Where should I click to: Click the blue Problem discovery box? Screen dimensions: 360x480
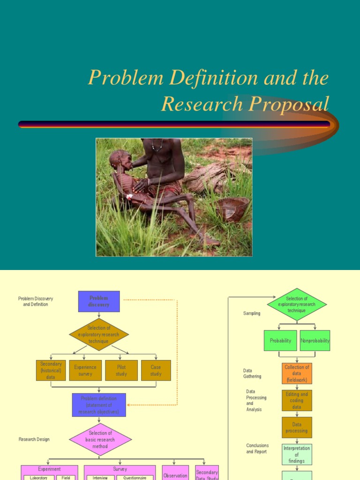coord(99,301)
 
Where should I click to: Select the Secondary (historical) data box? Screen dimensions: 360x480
coord(51,370)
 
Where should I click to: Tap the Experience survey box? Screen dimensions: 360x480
coord(85,370)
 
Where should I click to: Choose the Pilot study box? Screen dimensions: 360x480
coord(121,370)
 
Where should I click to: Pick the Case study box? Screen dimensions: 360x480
coord(156,370)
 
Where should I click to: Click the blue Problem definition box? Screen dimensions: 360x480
coord(99,405)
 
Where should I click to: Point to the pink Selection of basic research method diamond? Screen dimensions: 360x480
coord(100,440)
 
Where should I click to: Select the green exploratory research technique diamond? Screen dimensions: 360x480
coord(297,305)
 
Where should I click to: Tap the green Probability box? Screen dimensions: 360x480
coord(280,341)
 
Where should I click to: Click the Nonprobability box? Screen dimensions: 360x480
coord(315,341)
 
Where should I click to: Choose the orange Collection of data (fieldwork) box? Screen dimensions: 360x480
coord(297,374)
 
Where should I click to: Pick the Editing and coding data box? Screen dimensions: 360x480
coord(297,401)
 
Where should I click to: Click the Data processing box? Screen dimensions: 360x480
coord(297,427)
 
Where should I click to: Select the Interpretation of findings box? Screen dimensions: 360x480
coord(297,455)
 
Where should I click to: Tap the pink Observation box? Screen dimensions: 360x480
coord(175,474)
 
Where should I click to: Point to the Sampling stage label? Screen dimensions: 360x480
coord(252,314)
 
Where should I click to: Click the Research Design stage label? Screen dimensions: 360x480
coord(34,440)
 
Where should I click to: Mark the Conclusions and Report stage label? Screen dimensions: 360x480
coord(257,449)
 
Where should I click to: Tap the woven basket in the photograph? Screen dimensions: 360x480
coord(232,209)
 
